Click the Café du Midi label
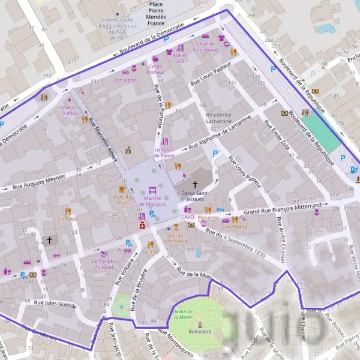coord(122,200)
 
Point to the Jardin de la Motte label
coord(182,314)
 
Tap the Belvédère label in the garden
coord(200,331)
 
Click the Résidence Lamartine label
coord(218,118)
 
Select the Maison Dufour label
coord(70,111)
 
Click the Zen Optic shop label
coord(125,80)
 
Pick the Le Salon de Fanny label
coord(164,152)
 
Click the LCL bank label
coord(34,281)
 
